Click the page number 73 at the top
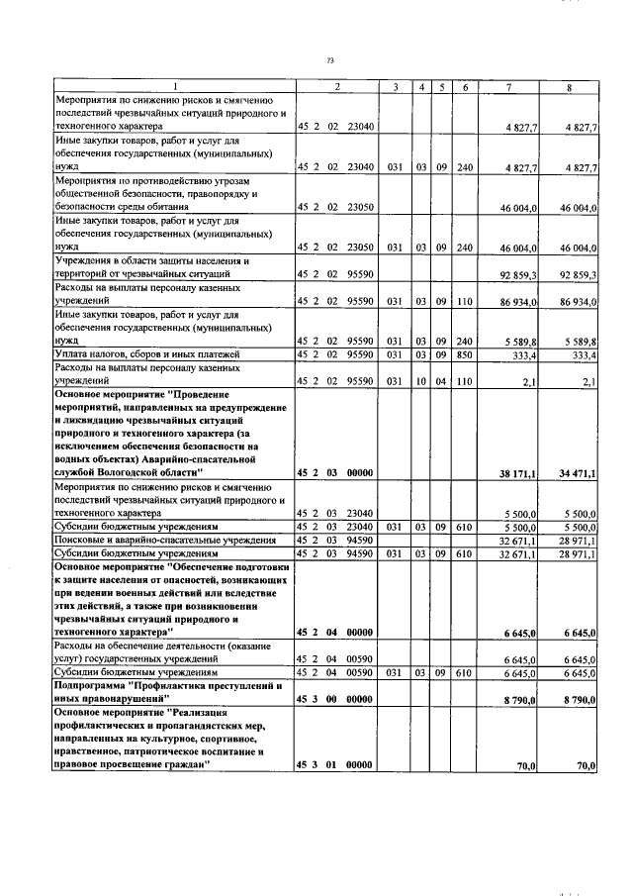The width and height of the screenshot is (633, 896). click(x=330, y=61)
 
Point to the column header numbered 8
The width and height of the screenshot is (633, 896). click(x=569, y=88)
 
